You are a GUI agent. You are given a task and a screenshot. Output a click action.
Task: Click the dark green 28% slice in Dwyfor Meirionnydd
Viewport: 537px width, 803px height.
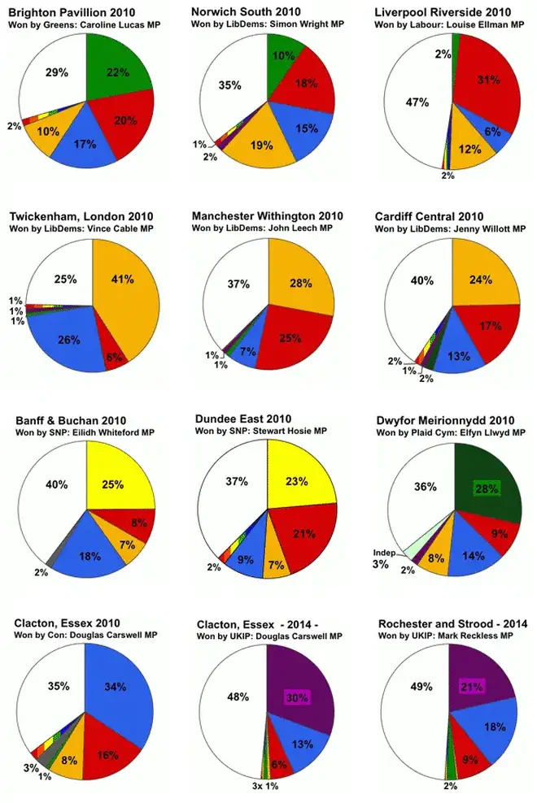487,488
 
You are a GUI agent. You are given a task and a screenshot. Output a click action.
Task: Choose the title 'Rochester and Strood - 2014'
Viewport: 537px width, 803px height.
452,623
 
